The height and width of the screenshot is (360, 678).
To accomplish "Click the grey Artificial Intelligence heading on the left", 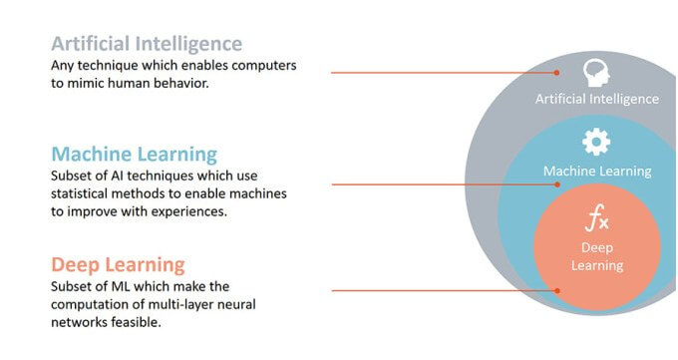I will click(x=147, y=44).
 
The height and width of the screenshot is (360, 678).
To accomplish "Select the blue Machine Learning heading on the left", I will click(x=135, y=155).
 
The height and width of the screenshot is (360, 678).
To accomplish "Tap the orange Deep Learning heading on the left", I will click(x=118, y=264).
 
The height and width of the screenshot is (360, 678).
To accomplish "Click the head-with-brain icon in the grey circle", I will click(x=596, y=72).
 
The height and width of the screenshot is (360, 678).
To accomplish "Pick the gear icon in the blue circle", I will click(x=596, y=144).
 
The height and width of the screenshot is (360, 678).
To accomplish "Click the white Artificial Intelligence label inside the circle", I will click(x=596, y=99).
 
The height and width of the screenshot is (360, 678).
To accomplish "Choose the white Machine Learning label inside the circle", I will click(x=596, y=171).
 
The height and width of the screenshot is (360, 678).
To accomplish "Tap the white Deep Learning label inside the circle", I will click(x=596, y=255).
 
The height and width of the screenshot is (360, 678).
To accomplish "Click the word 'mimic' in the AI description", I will click(x=87, y=84).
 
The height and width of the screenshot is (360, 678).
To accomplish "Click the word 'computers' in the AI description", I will click(x=262, y=66).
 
